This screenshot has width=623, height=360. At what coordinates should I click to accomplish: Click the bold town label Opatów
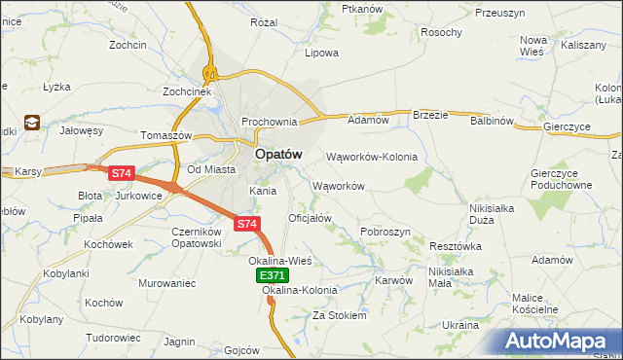point(277,154)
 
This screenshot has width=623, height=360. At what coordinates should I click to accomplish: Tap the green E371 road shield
point(273,277)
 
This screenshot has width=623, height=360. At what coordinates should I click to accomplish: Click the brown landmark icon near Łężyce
point(32,123)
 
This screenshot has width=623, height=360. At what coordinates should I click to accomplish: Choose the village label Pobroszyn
point(385,232)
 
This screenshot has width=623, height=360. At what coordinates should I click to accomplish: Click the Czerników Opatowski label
point(202,237)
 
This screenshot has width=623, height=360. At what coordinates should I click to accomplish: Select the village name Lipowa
point(321,53)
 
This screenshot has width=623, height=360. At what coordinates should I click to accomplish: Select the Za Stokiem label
point(339,315)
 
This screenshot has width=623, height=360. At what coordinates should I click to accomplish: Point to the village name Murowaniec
point(167,283)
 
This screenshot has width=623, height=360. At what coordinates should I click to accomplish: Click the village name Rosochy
point(441,32)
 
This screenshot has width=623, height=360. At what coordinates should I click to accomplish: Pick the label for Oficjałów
point(311,218)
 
